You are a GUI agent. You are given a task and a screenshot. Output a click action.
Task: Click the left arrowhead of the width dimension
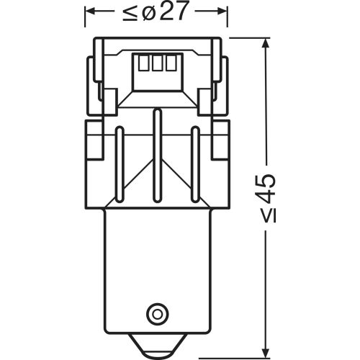tap(91, 12)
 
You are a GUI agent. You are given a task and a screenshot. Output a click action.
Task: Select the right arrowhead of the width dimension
tap(215, 12)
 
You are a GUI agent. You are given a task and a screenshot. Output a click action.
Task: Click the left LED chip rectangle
tap(142, 64)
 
